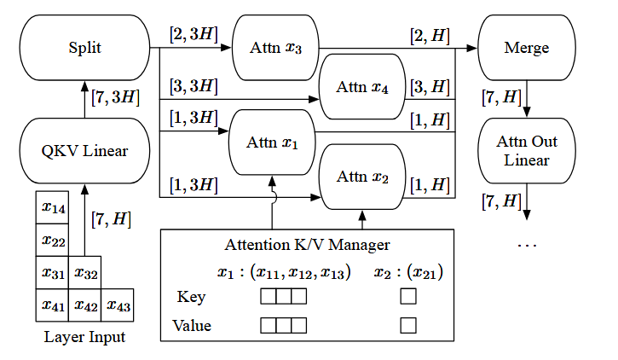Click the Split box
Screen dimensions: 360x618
click(84, 47)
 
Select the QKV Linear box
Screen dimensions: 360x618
click(84, 152)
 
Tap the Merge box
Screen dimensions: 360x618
click(527, 47)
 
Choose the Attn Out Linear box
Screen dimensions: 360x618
click(527, 152)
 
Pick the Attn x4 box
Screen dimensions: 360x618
click(361, 85)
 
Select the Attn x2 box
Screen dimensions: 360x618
click(361, 177)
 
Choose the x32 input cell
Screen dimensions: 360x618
click(84, 273)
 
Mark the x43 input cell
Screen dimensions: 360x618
click(117, 305)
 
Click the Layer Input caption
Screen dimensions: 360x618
click(84, 337)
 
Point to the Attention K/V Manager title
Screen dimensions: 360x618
click(307, 245)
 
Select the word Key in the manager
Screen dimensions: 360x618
click(191, 297)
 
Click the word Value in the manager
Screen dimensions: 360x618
click(191, 325)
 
